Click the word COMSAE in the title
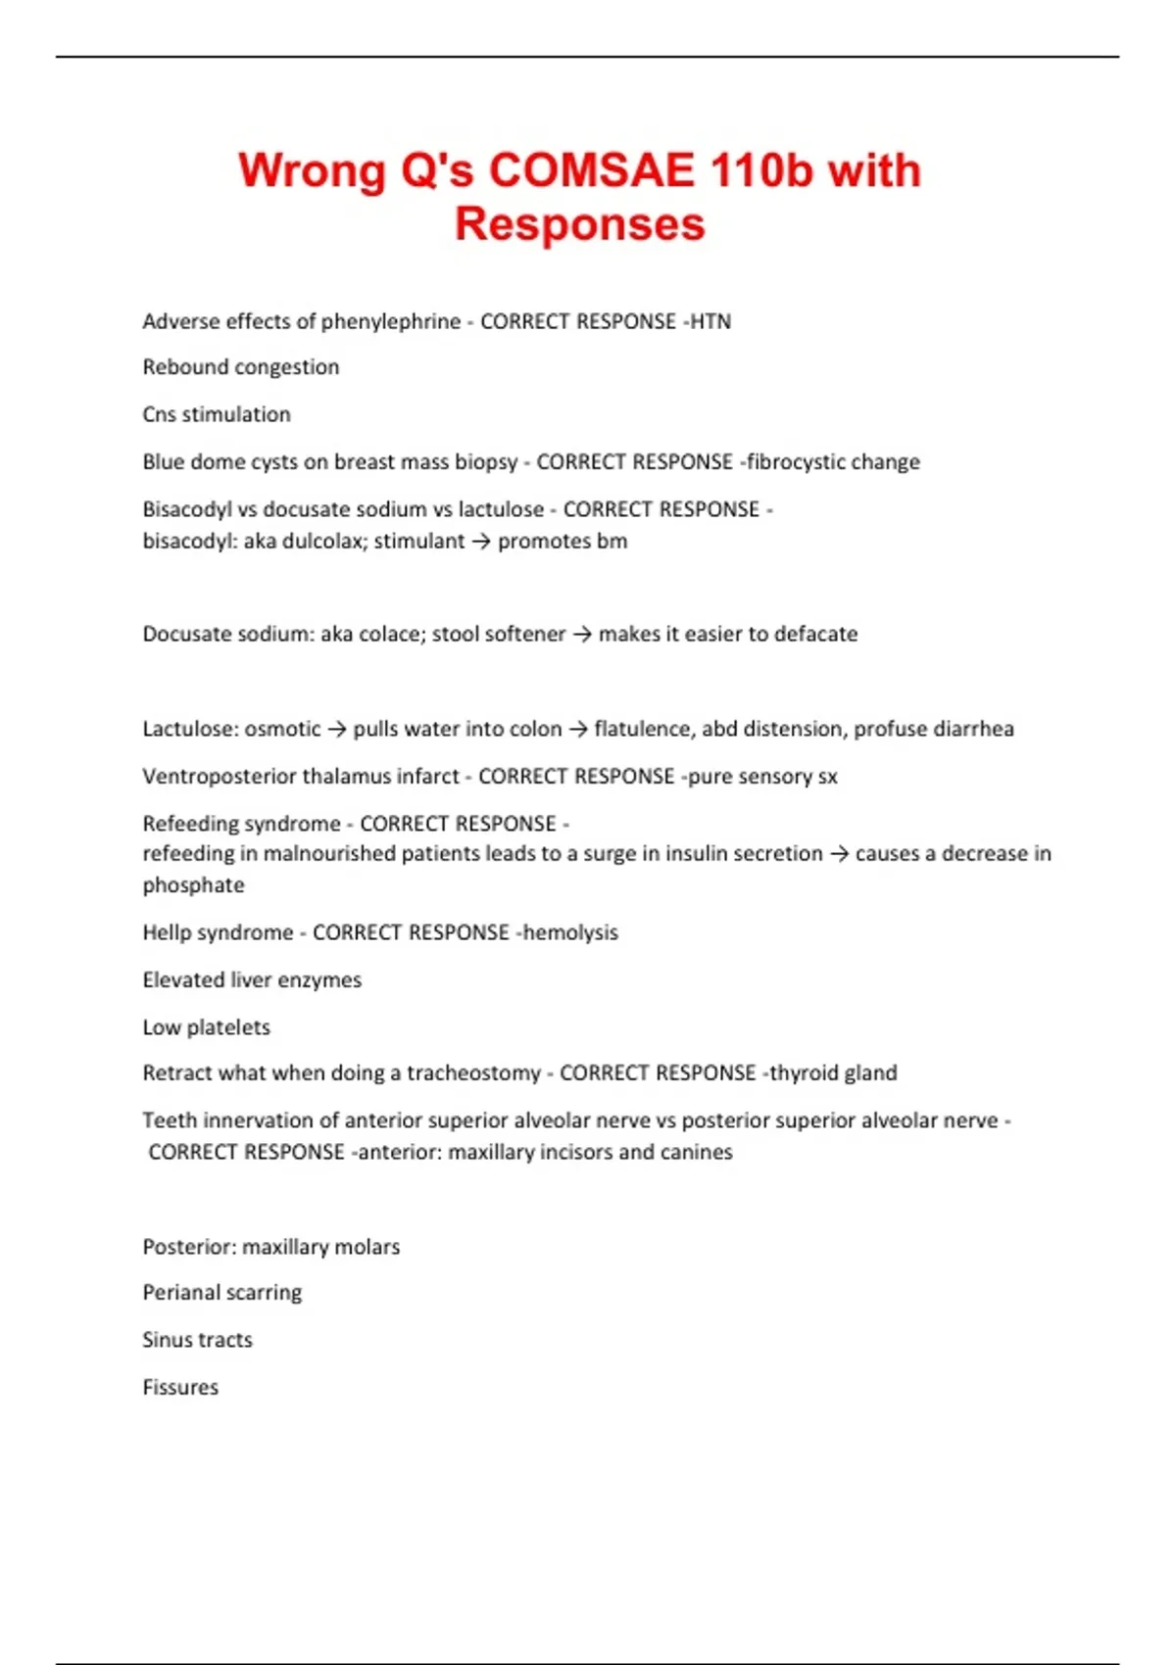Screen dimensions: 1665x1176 point(591,170)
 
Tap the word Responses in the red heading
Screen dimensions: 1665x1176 point(579,224)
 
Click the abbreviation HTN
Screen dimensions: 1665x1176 point(710,321)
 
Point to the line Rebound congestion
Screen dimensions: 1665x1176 point(241,367)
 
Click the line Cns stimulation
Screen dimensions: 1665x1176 point(217,414)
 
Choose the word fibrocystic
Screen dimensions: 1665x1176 point(795,461)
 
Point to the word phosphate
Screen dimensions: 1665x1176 point(193,885)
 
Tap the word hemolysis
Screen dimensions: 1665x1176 point(570,932)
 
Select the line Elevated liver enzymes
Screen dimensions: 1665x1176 point(252,979)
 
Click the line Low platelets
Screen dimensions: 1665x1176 point(206,1026)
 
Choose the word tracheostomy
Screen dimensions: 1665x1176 point(473,1072)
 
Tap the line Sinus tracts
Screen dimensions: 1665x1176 point(197,1340)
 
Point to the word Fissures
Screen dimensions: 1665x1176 point(180,1387)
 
